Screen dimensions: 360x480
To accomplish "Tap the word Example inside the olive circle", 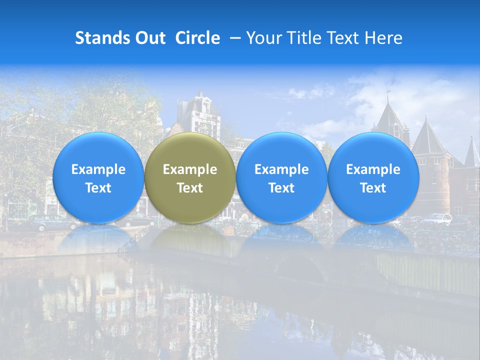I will (190, 169).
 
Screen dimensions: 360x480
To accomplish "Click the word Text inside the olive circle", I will (190, 188).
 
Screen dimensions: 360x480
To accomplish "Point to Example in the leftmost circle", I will (98, 169).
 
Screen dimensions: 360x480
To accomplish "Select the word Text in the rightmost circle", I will (373, 188).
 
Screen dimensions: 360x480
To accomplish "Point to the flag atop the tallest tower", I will (388, 93).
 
